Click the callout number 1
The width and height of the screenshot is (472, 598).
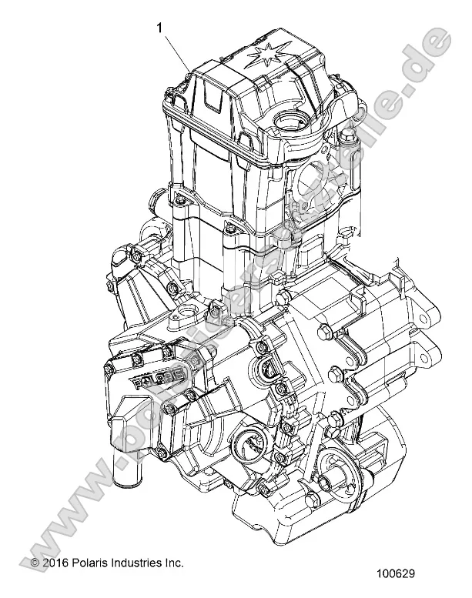(160, 28)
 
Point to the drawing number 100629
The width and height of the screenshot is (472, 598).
(417, 573)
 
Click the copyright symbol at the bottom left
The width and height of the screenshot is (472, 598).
(34, 564)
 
